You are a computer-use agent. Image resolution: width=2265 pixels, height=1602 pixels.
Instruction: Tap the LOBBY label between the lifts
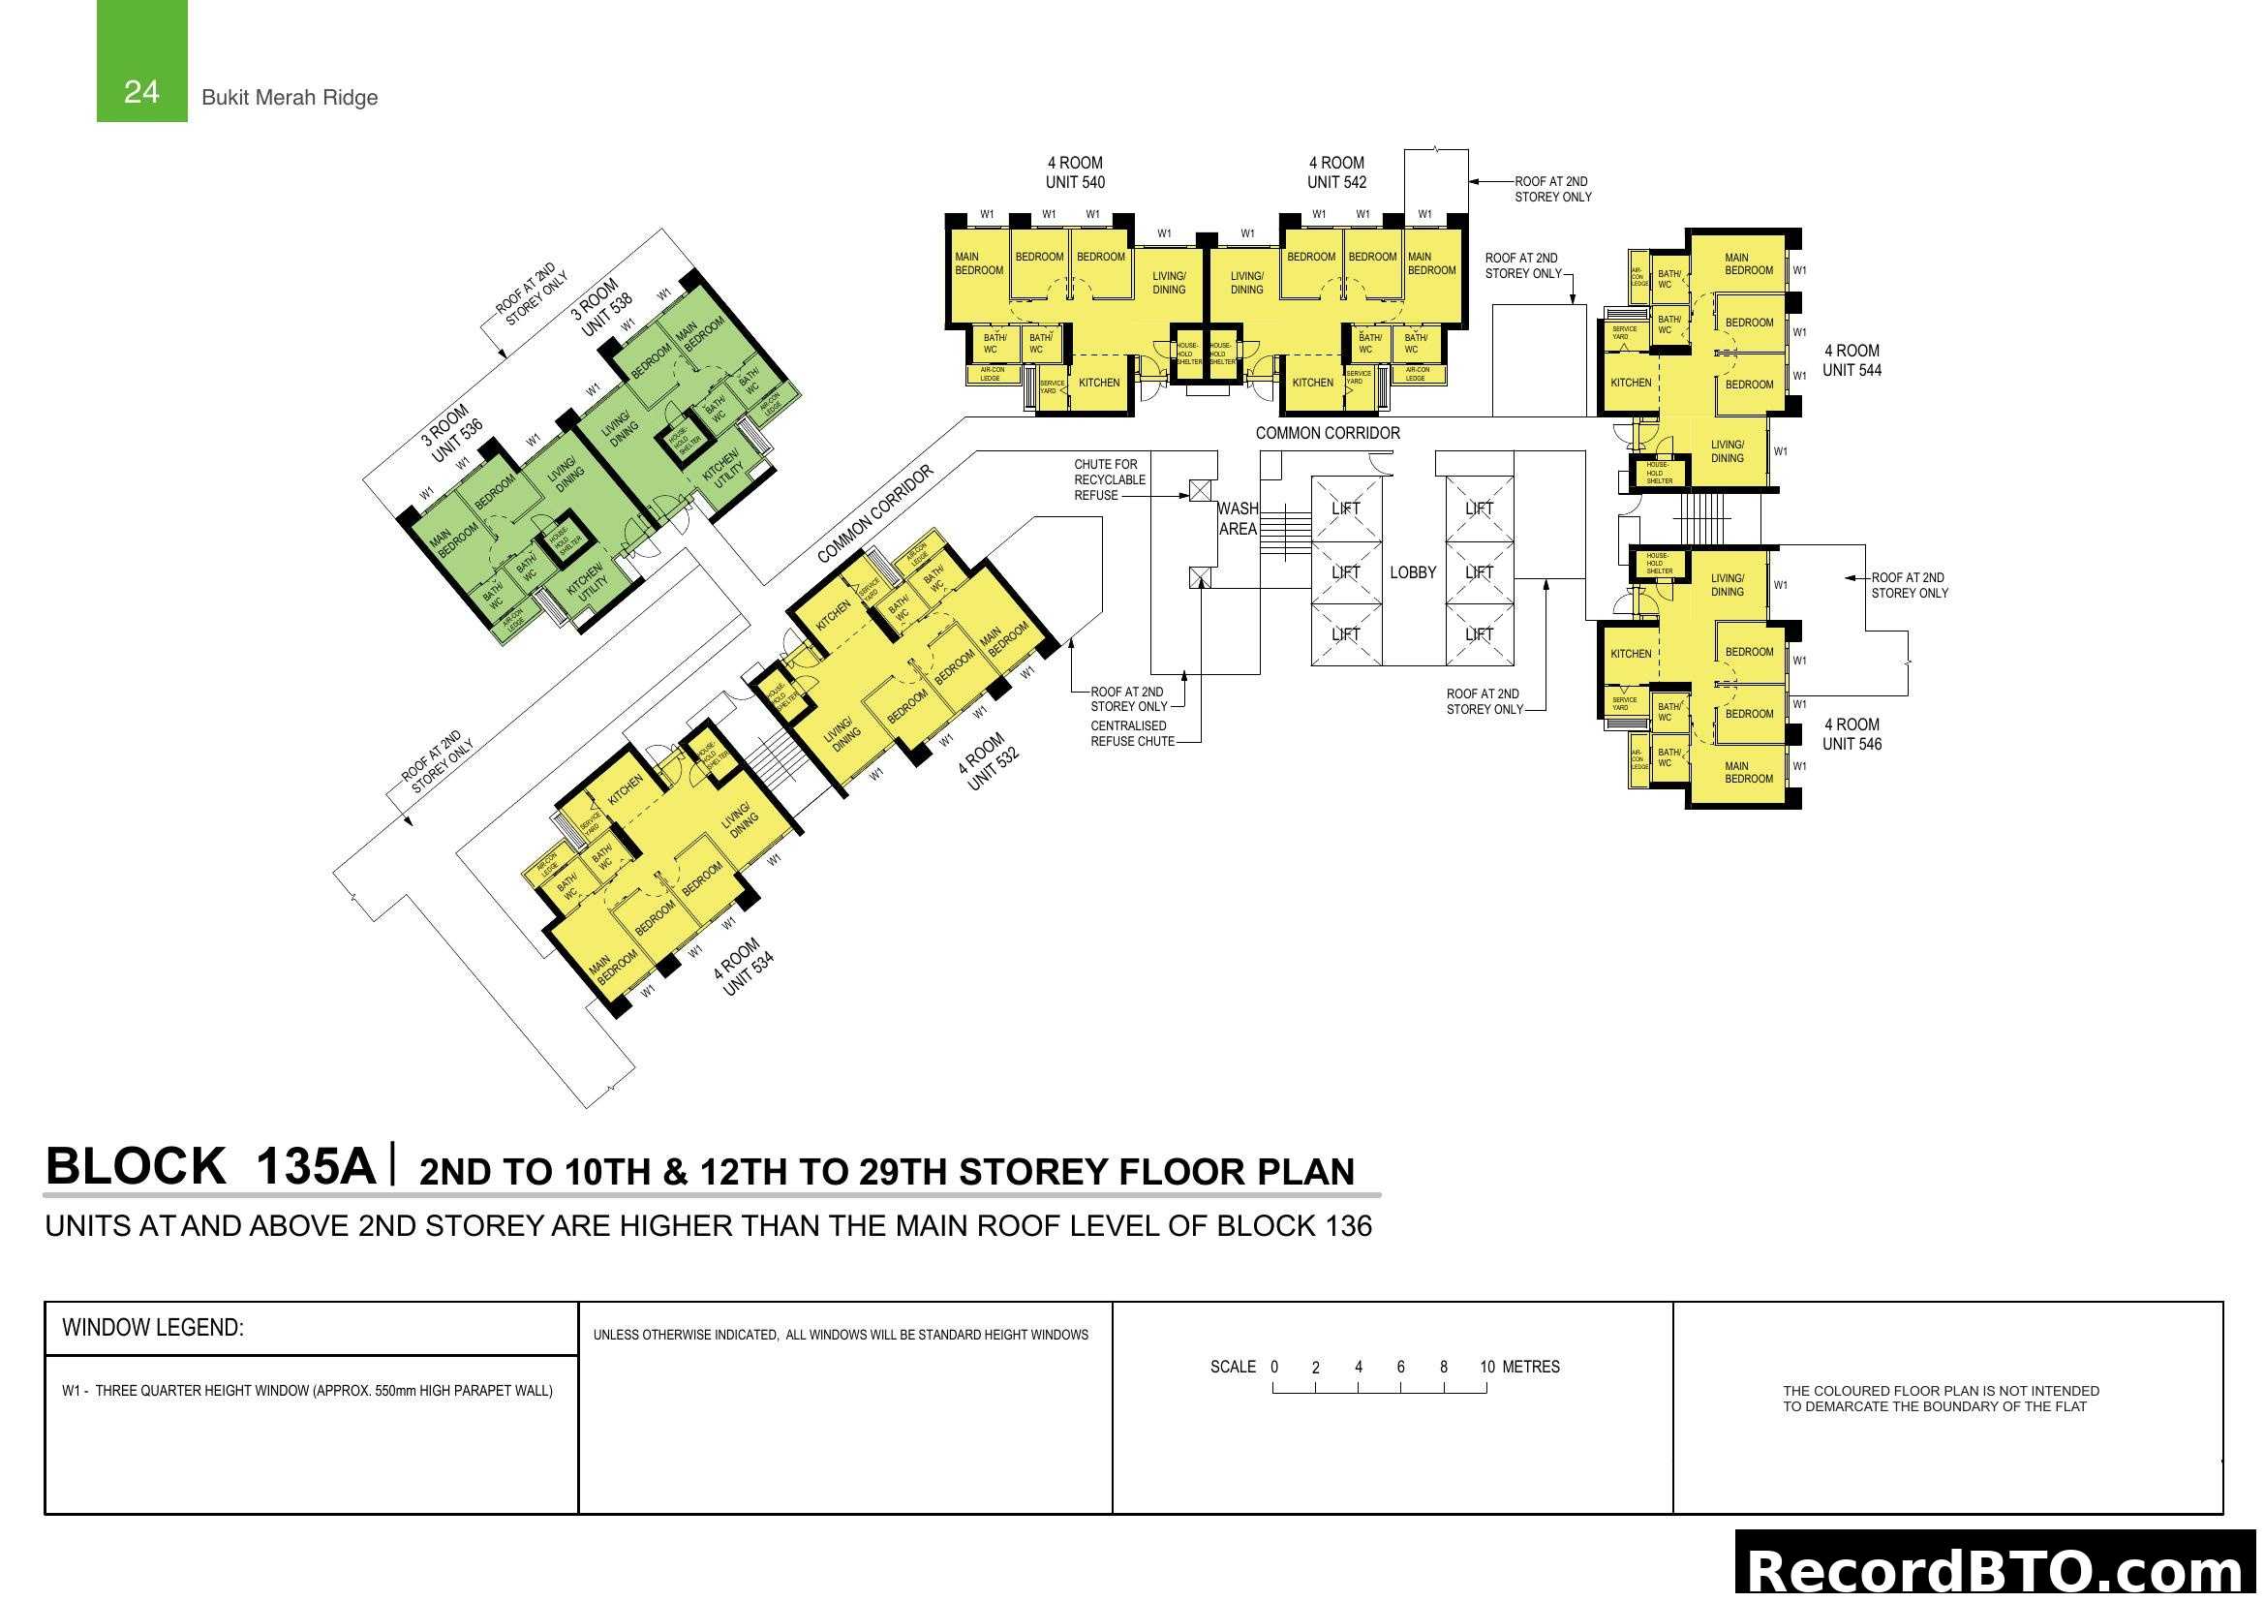(x=1413, y=573)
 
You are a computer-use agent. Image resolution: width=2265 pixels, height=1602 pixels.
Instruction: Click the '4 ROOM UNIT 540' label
(x=1074, y=172)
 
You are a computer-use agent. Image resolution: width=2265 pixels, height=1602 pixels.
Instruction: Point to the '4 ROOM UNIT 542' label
(x=1336, y=172)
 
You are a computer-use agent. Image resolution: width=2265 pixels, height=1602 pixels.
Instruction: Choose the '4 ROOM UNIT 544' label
(x=1852, y=360)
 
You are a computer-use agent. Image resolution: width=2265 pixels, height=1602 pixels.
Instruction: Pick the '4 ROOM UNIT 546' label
(x=1852, y=734)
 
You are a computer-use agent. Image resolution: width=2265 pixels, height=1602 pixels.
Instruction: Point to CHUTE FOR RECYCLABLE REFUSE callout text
(x=1109, y=479)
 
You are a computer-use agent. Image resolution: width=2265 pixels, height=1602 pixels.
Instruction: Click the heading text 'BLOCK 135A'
(x=210, y=1166)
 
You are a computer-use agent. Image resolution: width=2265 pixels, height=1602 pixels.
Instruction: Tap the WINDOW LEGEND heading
(x=153, y=1328)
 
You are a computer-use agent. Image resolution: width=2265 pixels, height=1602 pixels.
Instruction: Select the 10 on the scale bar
(x=1486, y=1368)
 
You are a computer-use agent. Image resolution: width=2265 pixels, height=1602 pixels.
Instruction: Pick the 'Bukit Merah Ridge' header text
(x=289, y=98)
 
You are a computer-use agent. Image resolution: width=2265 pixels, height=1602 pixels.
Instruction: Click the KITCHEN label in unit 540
(x=1099, y=383)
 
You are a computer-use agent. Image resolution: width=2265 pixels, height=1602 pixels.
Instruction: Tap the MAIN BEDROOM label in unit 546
(x=1748, y=772)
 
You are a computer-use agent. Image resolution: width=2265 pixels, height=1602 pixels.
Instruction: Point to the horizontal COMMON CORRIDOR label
(x=1327, y=433)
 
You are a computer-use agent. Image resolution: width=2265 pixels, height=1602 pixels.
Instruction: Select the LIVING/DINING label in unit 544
(x=1727, y=451)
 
